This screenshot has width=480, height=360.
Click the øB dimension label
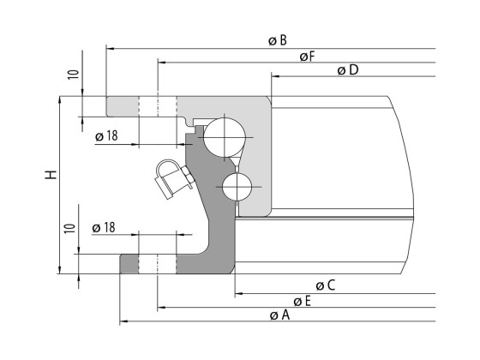tap(277, 40)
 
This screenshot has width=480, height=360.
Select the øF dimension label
tap(307, 56)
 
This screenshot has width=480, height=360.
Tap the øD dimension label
tap(347, 69)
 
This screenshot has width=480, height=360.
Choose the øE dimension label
tap(302, 301)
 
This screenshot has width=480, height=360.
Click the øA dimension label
tap(279, 315)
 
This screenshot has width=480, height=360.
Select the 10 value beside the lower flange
tap(71, 229)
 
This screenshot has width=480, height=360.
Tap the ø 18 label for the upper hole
tap(106, 135)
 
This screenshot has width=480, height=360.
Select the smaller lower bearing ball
tap(237, 186)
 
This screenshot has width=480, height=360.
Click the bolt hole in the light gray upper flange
tap(158, 106)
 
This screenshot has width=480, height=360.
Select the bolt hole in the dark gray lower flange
tap(158, 263)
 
